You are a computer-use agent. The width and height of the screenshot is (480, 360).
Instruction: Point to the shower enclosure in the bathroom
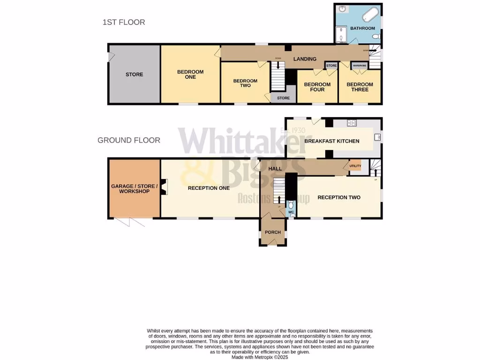(342, 34)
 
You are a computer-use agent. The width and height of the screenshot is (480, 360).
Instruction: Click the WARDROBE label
(359, 66)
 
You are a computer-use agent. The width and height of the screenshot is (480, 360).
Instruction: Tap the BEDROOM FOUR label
(317, 87)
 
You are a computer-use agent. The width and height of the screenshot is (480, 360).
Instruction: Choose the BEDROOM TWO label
(245, 83)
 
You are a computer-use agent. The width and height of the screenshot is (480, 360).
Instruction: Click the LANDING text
(305, 59)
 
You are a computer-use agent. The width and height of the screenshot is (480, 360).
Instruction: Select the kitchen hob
(352, 123)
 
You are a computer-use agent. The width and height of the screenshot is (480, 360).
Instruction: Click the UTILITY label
(355, 166)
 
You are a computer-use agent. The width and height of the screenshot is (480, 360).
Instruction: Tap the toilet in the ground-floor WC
(291, 205)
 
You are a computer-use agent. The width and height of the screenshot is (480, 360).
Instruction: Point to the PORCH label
(273, 232)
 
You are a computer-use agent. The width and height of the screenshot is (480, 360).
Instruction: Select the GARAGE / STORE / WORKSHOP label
(134, 188)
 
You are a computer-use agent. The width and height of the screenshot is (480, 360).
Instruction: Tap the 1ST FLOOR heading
(124, 22)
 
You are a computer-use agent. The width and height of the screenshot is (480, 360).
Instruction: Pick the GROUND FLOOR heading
(129, 140)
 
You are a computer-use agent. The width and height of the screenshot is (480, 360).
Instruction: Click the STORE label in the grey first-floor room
(134, 75)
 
